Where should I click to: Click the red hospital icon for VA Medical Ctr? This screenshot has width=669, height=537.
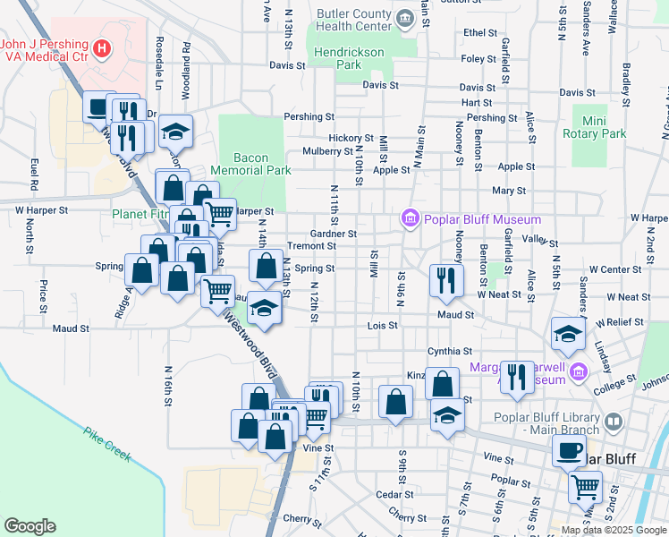[103, 47]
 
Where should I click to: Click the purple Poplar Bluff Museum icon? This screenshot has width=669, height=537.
[410, 218]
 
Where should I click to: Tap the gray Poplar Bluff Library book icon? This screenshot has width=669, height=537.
[614, 421]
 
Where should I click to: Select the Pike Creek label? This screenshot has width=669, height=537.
[107, 444]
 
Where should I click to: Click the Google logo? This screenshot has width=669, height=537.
[30, 526]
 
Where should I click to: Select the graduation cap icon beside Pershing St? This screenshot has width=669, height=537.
[176, 131]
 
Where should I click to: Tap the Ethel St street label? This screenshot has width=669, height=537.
[479, 32]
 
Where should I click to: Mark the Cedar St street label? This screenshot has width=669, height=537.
[393, 494]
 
